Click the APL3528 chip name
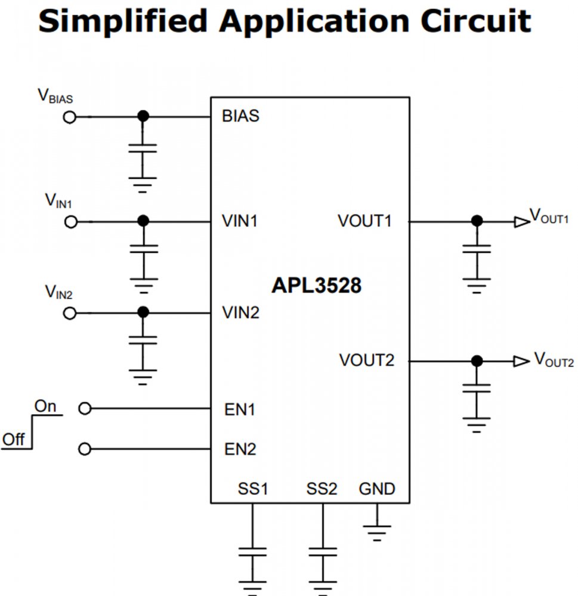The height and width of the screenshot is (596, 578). (x=316, y=286)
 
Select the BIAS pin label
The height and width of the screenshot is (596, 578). (x=240, y=116)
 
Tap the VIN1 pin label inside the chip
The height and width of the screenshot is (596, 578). (x=240, y=221)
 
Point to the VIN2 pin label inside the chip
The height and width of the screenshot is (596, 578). (x=240, y=312)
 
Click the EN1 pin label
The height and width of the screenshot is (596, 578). (x=240, y=410)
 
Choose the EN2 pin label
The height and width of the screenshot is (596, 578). (x=240, y=449)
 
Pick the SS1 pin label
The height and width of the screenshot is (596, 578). (x=252, y=489)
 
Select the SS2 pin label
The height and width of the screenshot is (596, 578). (x=322, y=489)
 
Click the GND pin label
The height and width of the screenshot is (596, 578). (x=377, y=489)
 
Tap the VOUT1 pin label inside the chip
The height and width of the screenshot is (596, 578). (x=364, y=221)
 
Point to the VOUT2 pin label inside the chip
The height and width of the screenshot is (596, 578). (x=367, y=361)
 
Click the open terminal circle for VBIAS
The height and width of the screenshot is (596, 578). (x=70, y=117)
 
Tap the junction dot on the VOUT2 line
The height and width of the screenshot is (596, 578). (x=476, y=361)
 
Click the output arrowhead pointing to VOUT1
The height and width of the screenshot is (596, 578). (x=521, y=222)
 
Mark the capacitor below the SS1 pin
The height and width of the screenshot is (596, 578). (x=252, y=551)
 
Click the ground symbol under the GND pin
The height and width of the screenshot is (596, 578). (x=377, y=530)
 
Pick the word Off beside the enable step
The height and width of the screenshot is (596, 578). (x=13, y=440)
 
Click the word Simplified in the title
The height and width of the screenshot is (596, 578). (x=122, y=22)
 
